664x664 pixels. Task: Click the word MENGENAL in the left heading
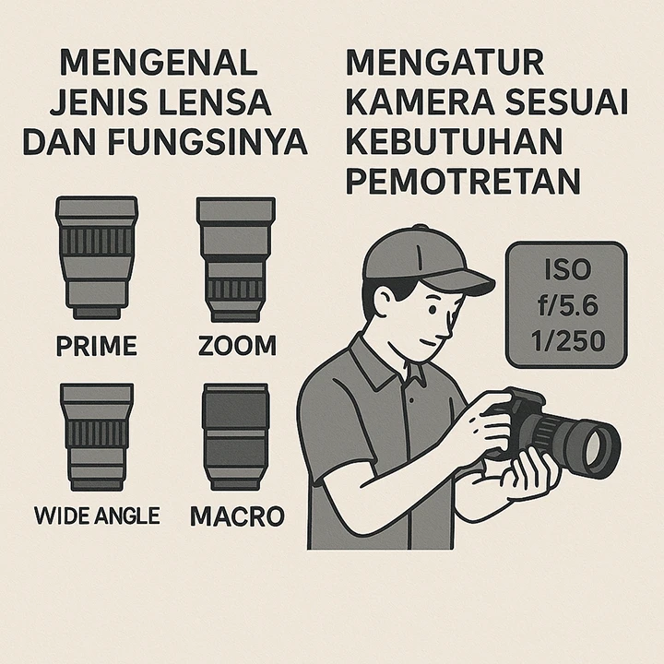pyautogui.click(x=159, y=63)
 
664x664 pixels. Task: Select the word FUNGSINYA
pyautogui.click(x=207, y=141)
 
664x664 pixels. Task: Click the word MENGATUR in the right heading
pyautogui.click(x=445, y=63)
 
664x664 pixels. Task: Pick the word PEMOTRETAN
pyautogui.click(x=463, y=181)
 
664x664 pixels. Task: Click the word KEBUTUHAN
pyautogui.click(x=454, y=141)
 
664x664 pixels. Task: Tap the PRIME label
pyautogui.click(x=97, y=346)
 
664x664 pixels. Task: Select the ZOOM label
pyautogui.click(x=237, y=346)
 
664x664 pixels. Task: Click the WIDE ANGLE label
pyautogui.click(x=97, y=516)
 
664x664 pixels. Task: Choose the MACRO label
pyautogui.click(x=237, y=516)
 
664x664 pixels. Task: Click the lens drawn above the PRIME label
pyautogui.click(x=97, y=257)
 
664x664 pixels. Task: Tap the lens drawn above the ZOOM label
pyautogui.click(x=236, y=259)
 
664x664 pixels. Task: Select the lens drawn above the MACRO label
pyautogui.click(x=236, y=437)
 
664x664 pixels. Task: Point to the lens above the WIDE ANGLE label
pyautogui.click(x=97, y=437)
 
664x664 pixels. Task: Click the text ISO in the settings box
pyautogui.click(x=567, y=270)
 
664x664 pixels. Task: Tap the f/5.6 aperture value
pyautogui.click(x=568, y=305)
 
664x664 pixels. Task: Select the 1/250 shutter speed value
pyautogui.click(x=568, y=341)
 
